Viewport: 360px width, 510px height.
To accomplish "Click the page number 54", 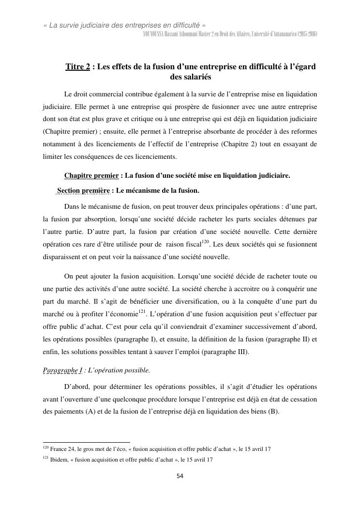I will pyautogui.click(x=180, y=476).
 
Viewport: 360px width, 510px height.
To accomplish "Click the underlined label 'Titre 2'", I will pyautogui.click(x=77, y=67).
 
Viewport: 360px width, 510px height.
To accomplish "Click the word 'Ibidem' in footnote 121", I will pyautogui.click(x=58, y=460).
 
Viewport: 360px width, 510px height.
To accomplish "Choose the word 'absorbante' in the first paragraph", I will pyautogui.click(x=189, y=144).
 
